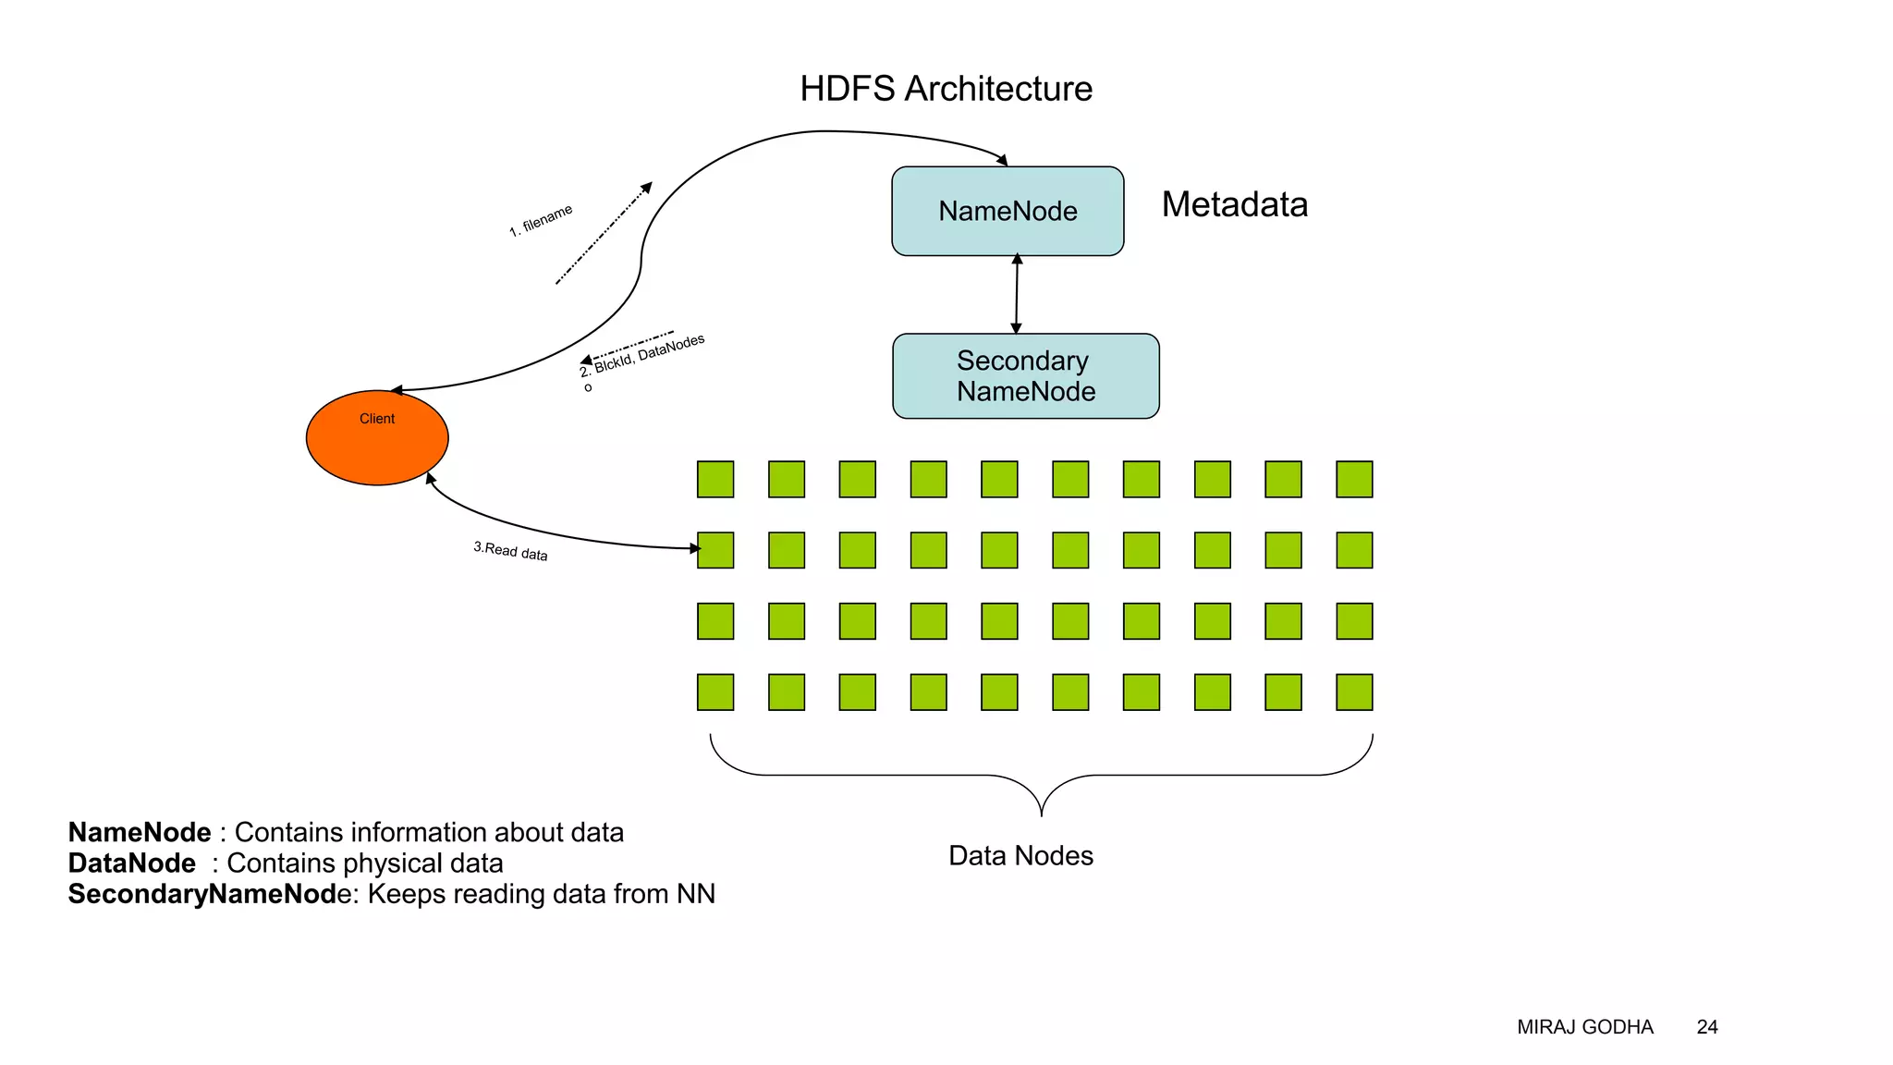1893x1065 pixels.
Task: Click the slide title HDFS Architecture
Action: click(x=946, y=89)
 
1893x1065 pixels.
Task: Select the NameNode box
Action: click(x=1008, y=211)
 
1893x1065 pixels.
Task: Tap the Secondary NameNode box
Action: click(x=1025, y=376)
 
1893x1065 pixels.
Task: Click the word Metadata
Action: click(x=1234, y=204)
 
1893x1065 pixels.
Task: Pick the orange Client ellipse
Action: click(x=377, y=438)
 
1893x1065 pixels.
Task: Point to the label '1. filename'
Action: click(x=541, y=220)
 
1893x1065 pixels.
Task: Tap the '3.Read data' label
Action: click(x=510, y=551)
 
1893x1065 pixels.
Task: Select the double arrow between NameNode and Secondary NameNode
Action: click(x=1016, y=294)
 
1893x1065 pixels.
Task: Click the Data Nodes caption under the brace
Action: click(x=1020, y=855)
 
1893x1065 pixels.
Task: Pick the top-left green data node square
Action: click(x=715, y=479)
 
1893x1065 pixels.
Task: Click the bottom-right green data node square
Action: click(x=1354, y=692)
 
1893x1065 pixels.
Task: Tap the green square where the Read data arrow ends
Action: click(x=715, y=550)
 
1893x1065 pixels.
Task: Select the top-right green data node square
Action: click(x=1354, y=479)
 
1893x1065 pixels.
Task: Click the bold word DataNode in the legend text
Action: click(x=131, y=863)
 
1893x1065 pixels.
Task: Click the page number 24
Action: click(x=1706, y=1027)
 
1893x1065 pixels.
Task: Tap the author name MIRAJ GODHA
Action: click(x=1584, y=1027)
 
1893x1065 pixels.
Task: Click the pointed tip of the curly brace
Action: click(x=1042, y=814)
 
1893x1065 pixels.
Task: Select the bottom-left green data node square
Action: click(x=715, y=692)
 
